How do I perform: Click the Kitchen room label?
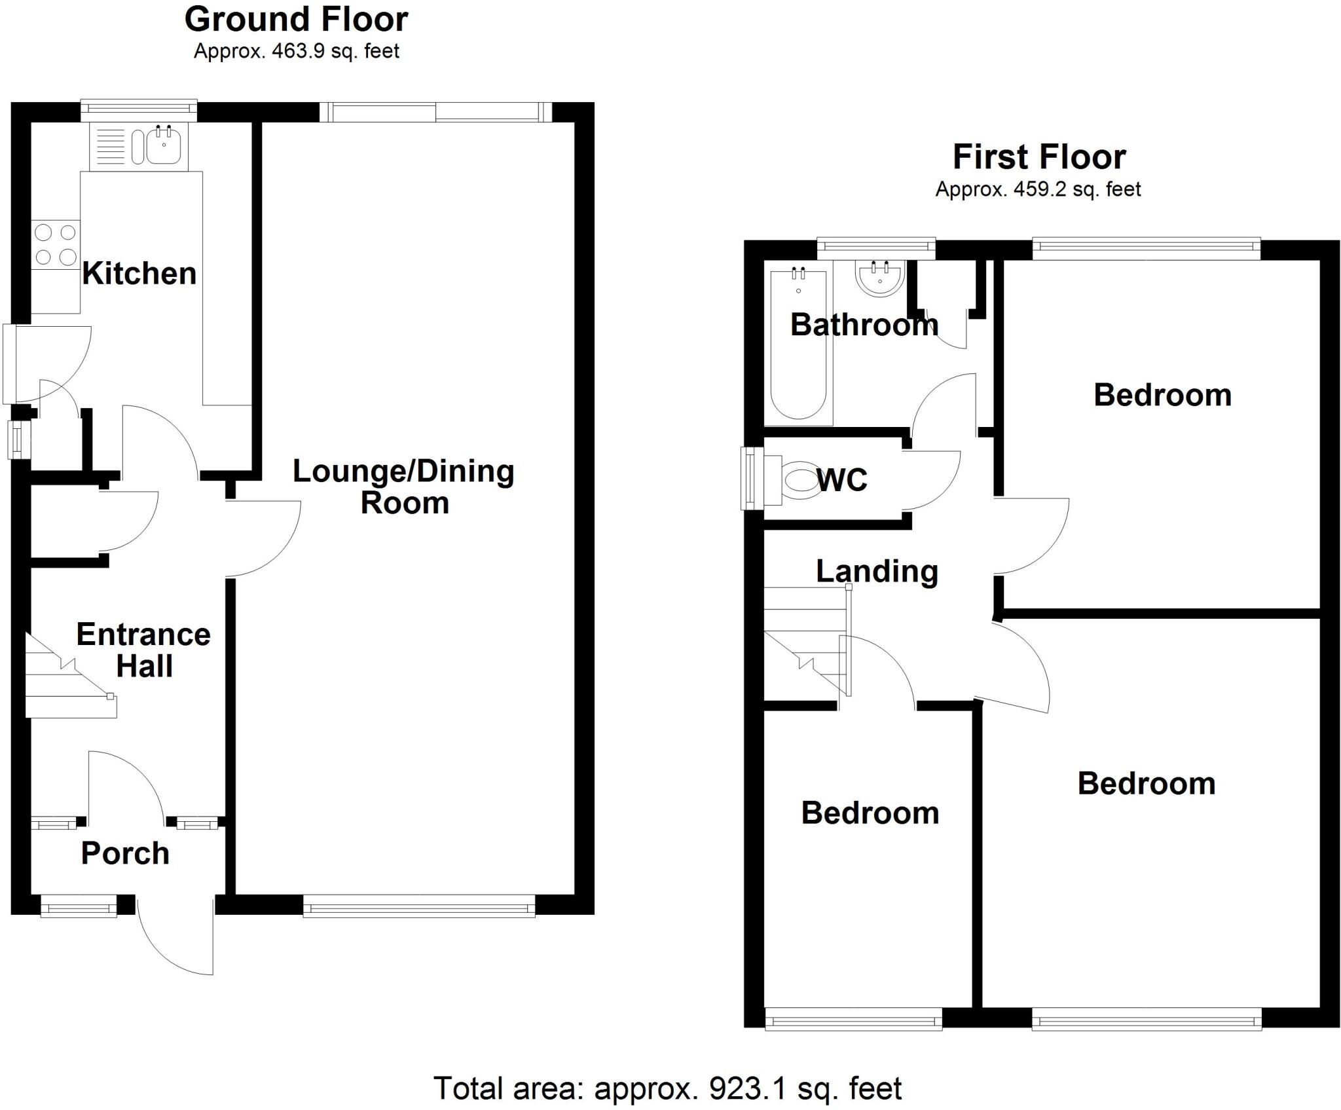point(139,274)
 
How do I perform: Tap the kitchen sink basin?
point(163,147)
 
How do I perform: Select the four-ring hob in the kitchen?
point(56,244)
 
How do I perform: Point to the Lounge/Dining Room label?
point(403,487)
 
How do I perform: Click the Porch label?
point(125,853)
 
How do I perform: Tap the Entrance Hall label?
point(143,650)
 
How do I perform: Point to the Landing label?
point(877,571)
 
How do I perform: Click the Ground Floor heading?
point(296,20)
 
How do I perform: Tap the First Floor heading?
point(1038,157)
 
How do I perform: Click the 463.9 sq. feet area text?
point(296,51)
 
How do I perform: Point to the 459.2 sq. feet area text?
point(1038,189)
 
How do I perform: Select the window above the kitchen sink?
point(138,109)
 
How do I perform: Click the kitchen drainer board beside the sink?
point(111,147)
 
